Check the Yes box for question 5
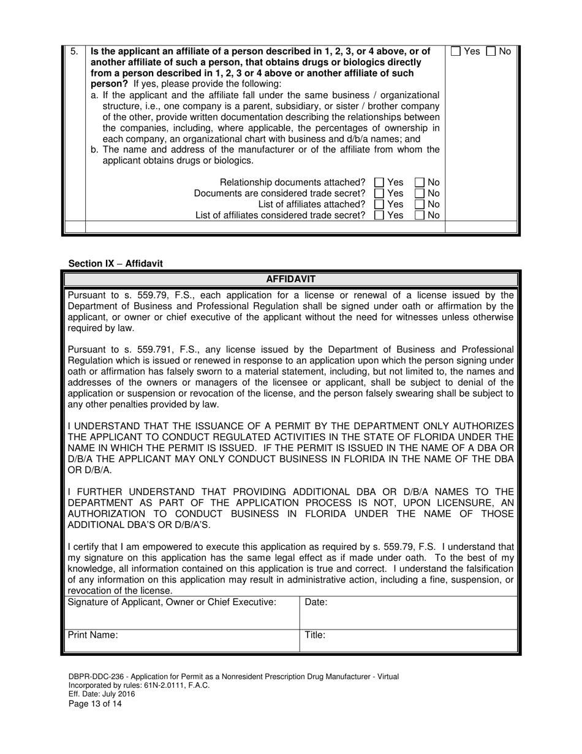click(x=456, y=52)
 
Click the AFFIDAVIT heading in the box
click(x=290, y=280)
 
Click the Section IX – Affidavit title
click(x=116, y=264)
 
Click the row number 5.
click(x=74, y=51)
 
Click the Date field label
click(x=316, y=603)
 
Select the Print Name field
click(x=181, y=641)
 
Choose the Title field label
click(x=315, y=636)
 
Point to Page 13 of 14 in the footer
click(x=95, y=704)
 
